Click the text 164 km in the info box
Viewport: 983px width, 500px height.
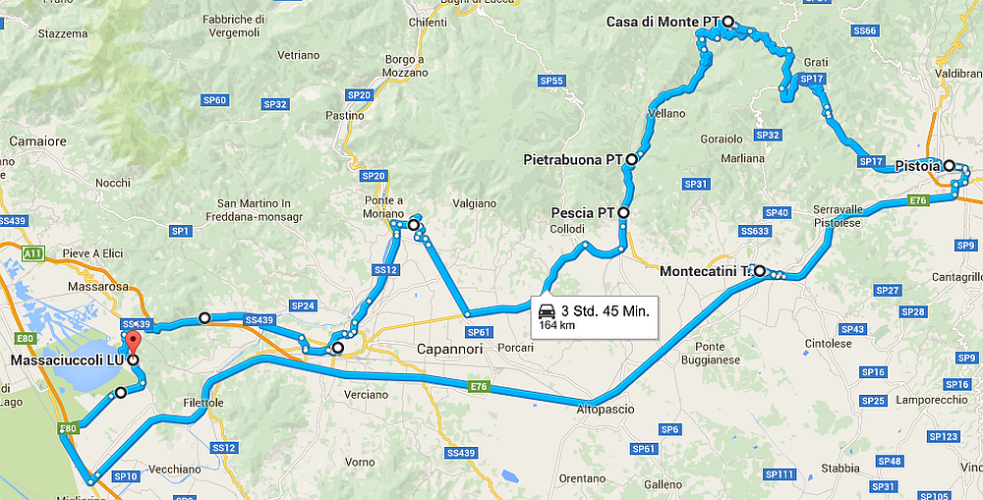[556, 325]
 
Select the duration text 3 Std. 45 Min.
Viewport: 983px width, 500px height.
[605, 311]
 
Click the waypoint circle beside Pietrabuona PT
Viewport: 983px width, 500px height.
[631, 158]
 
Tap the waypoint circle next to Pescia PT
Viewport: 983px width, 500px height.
[622, 212]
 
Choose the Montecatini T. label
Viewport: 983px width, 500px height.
[705, 271]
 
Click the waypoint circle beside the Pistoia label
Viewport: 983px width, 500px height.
[950, 166]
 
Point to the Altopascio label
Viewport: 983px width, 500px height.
[605, 409]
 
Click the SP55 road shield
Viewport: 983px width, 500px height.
[551, 81]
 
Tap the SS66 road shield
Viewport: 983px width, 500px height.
[865, 31]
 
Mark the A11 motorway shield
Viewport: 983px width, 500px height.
[32, 253]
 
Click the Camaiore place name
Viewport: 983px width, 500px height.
[37, 141]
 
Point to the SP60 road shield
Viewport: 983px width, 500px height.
[215, 100]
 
